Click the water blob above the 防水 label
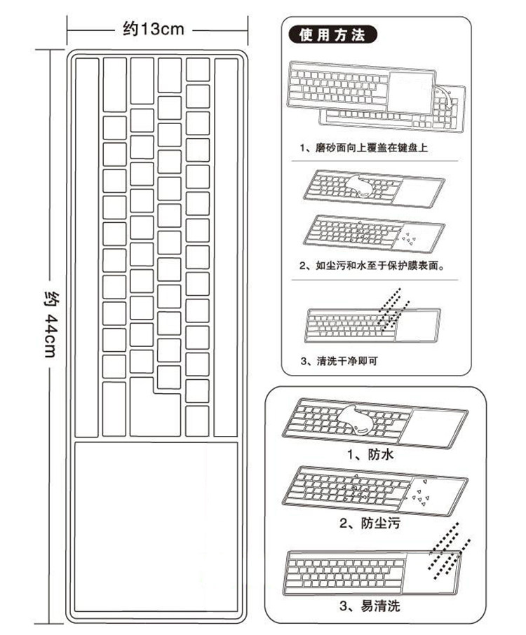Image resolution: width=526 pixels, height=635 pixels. [x=357, y=420]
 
